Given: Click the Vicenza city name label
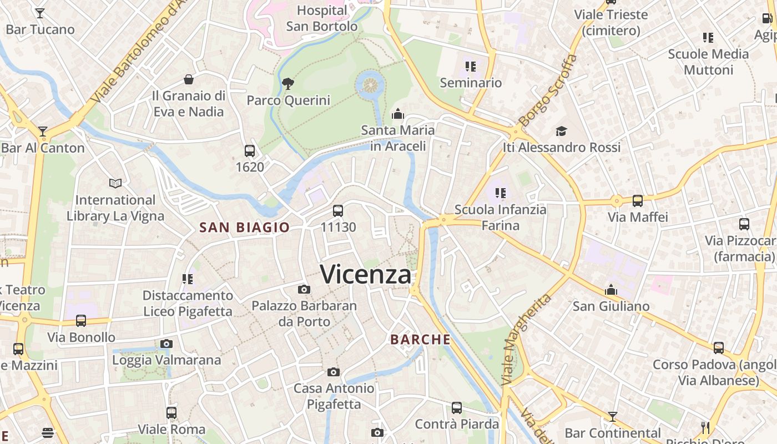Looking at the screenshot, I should (x=366, y=274).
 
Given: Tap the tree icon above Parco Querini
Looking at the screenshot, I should (x=288, y=84).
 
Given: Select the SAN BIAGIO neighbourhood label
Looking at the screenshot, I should (x=244, y=227).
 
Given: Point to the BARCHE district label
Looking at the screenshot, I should (x=420, y=339).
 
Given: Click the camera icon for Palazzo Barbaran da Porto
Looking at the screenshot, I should (x=304, y=289).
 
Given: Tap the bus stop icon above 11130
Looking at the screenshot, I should (x=338, y=210).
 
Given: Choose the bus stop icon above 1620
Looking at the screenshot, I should (x=250, y=150).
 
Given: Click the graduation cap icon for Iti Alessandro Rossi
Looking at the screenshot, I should (x=562, y=131).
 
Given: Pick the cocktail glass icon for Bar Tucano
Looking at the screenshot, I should (x=40, y=13).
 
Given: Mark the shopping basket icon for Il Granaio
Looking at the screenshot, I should (x=189, y=79).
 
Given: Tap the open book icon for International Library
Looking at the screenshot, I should (x=115, y=183).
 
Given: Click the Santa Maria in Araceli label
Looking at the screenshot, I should (x=398, y=138).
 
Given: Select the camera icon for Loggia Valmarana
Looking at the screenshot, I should (x=167, y=344).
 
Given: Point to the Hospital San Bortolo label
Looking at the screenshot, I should (x=322, y=18).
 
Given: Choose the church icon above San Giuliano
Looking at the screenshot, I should (x=611, y=290).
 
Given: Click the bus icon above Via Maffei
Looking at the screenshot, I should (x=638, y=200).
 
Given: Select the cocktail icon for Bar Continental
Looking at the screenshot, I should (x=613, y=416).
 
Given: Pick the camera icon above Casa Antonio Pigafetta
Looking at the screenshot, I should (x=334, y=372).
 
